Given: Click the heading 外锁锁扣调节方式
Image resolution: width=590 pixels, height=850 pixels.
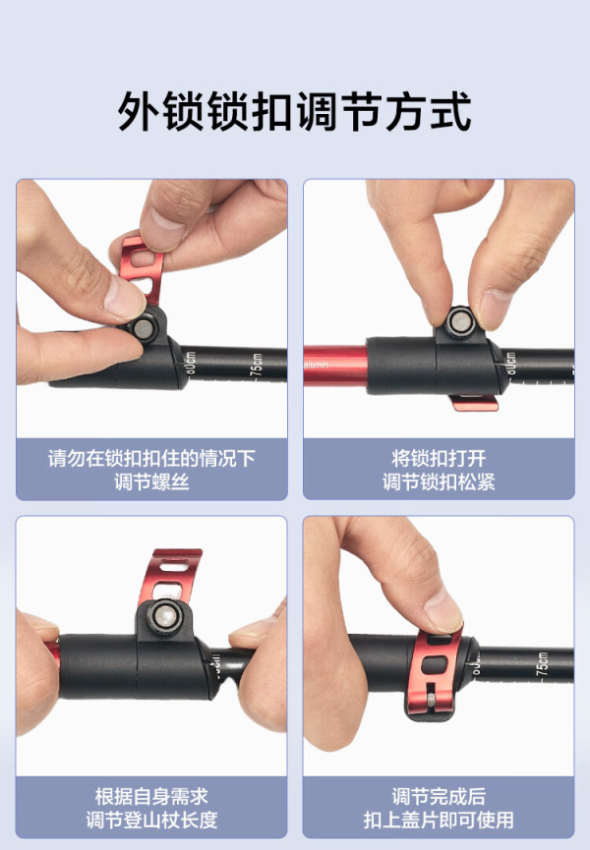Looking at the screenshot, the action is pos(294,112).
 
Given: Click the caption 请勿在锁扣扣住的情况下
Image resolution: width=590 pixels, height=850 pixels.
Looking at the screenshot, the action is pos(151,459).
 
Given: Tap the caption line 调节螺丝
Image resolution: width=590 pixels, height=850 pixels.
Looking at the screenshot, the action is pos(151,482).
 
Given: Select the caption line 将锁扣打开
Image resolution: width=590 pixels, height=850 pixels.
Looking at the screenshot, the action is pos(439,459).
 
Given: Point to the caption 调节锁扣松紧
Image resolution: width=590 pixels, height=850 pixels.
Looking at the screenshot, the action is pos(439,482).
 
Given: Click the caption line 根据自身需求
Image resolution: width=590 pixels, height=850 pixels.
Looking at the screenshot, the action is pos(151,796).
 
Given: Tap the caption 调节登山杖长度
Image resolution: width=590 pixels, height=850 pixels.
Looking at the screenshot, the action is pos(151,820).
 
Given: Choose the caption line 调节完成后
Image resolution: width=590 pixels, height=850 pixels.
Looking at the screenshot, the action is pos(439,796).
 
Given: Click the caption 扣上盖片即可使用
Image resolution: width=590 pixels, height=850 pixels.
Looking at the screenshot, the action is pos(439,820).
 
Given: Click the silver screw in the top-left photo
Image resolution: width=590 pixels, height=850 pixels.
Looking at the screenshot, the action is pos(145,328).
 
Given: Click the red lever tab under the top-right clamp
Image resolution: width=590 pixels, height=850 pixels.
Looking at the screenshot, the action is pos(475,402).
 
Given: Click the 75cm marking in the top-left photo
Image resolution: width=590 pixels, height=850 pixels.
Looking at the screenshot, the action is pos(256,364).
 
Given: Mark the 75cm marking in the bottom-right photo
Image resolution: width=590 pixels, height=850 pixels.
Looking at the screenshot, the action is pos(542,663).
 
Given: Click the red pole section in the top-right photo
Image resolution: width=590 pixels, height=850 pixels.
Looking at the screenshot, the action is pos(335,366).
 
